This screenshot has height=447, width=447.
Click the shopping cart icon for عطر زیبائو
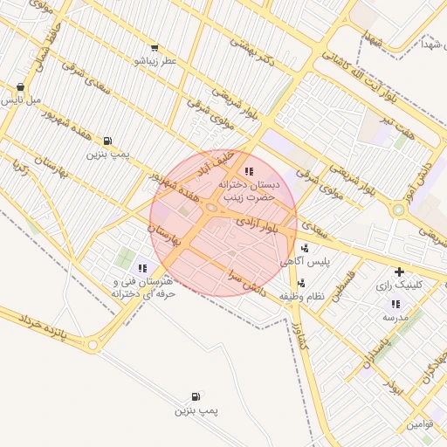[x=155, y=48]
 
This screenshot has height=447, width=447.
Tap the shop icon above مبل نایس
[x=20, y=87]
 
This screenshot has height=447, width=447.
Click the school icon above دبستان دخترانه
[x=250, y=172]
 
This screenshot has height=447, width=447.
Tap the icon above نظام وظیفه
[x=302, y=282]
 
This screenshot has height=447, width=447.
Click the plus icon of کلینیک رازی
[x=401, y=272]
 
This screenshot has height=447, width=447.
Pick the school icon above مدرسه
[x=395, y=305]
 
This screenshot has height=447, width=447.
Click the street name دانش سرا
[x=244, y=280]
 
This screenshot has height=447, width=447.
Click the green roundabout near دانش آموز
[x=399, y=210]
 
